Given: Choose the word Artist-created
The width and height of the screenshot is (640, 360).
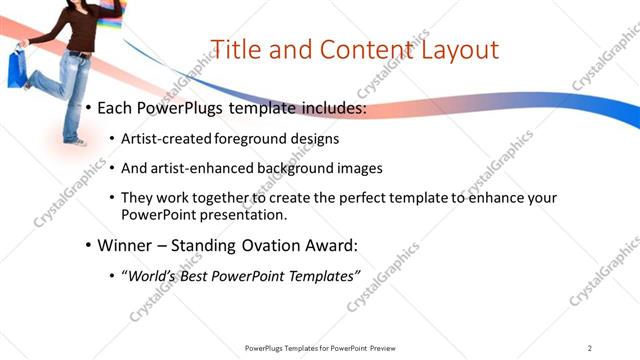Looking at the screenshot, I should [x=162, y=139].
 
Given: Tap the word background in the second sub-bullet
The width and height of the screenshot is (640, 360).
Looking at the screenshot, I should [x=291, y=169].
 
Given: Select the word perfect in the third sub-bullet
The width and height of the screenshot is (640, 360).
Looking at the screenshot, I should [x=336, y=198].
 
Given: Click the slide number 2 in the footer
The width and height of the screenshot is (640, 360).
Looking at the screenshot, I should [x=590, y=348].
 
